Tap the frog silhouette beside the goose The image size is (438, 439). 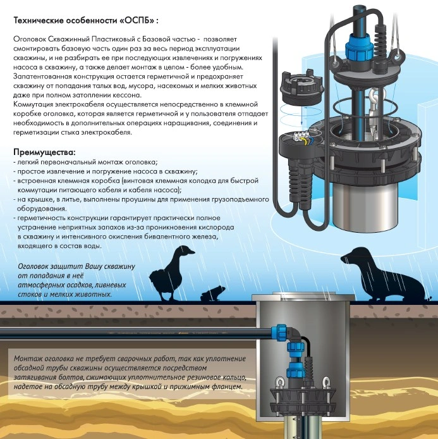pos(212,294)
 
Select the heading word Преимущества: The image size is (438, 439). pos(44,152)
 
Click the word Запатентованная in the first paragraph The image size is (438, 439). pos(42,77)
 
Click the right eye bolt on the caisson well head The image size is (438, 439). pos(326,382)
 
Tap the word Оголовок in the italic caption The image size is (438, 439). pos(34,266)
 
